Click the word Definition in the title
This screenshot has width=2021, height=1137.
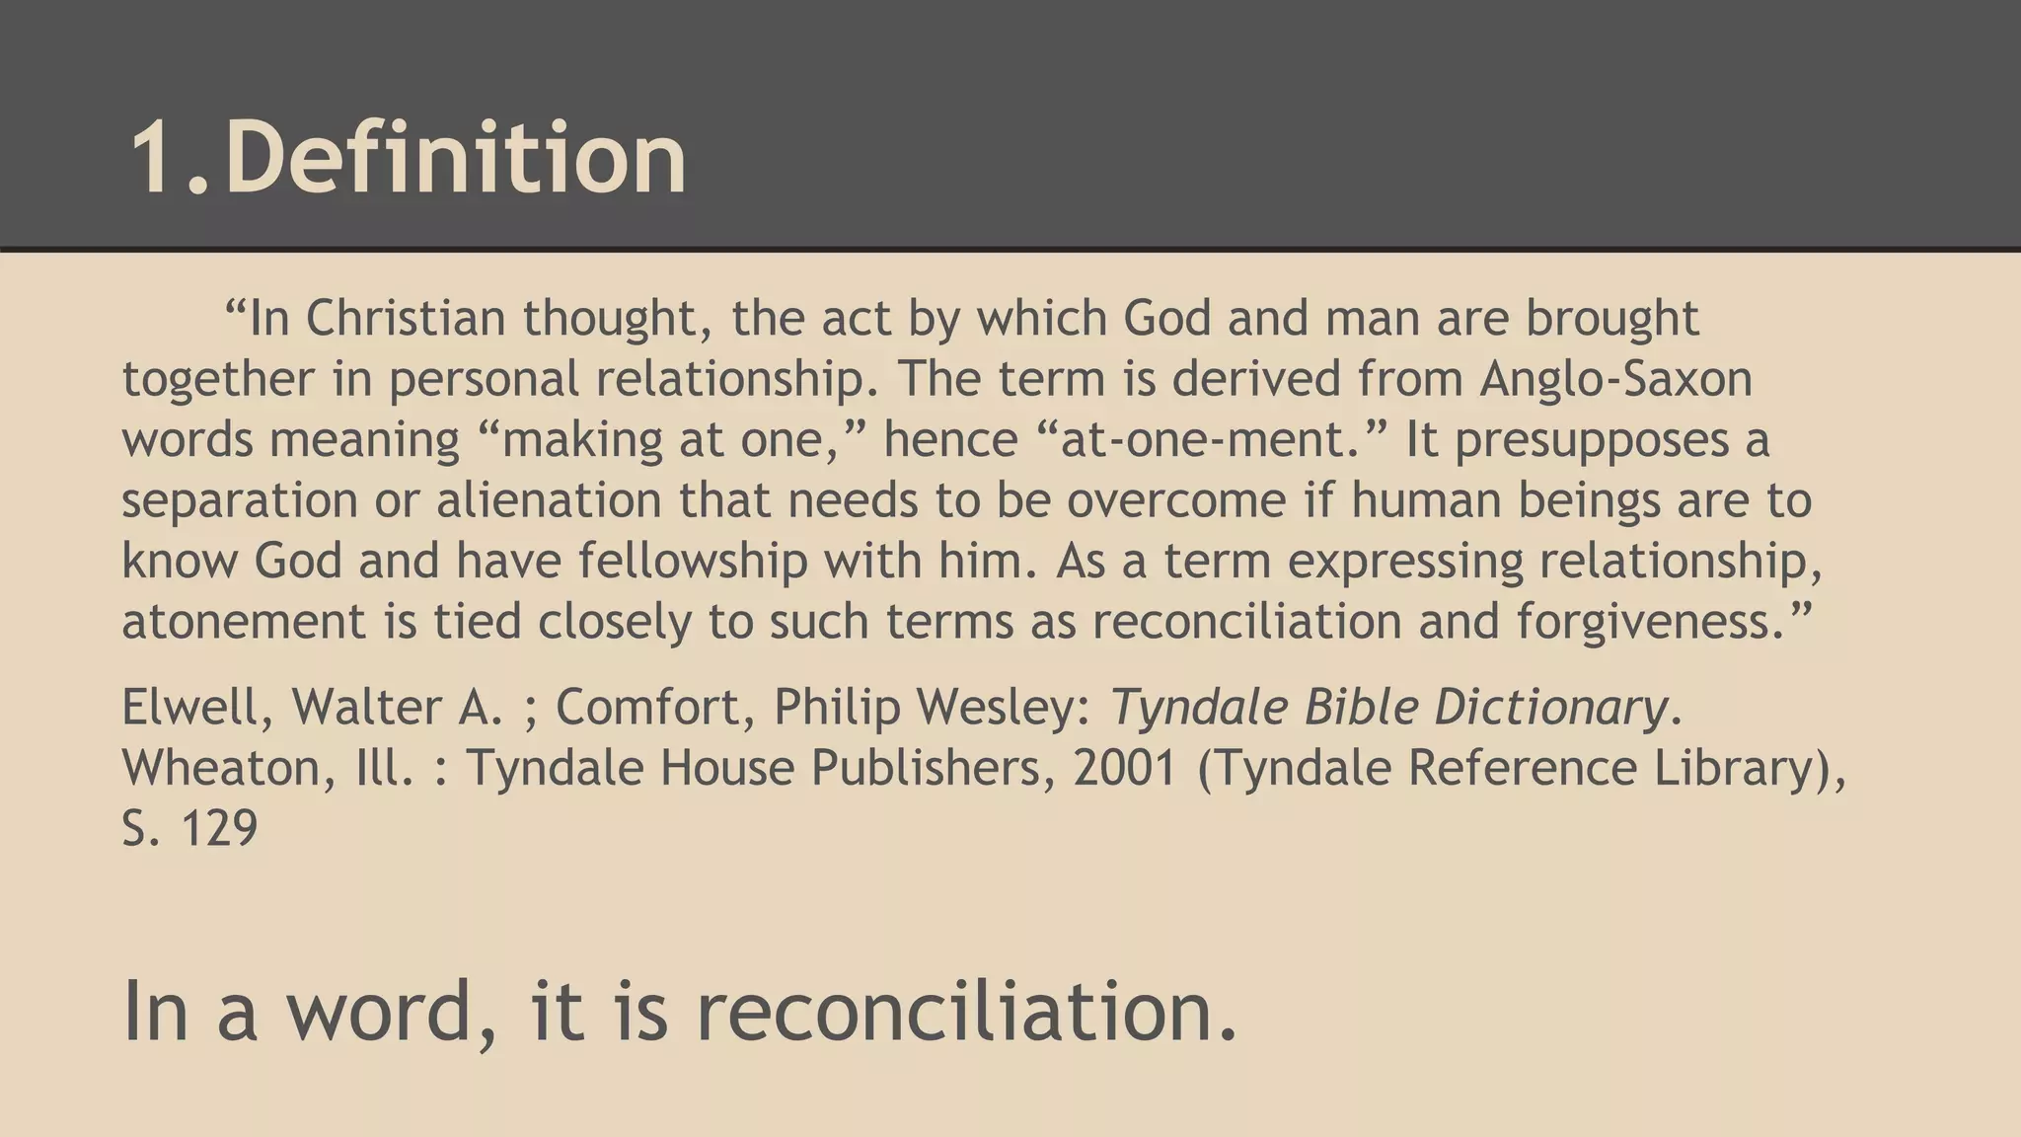pyautogui.click(x=456, y=158)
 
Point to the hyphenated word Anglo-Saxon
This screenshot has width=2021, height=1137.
pyautogui.click(x=1615, y=379)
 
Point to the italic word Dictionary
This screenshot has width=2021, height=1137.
pyautogui.click(x=1549, y=707)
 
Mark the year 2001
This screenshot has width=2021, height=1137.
pyautogui.click(x=1126, y=768)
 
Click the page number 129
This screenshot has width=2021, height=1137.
pyautogui.click(x=219, y=828)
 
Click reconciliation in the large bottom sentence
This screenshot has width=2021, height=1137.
pyautogui.click(x=967, y=1012)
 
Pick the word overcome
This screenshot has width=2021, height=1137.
pyautogui.click(x=1176, y=499)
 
